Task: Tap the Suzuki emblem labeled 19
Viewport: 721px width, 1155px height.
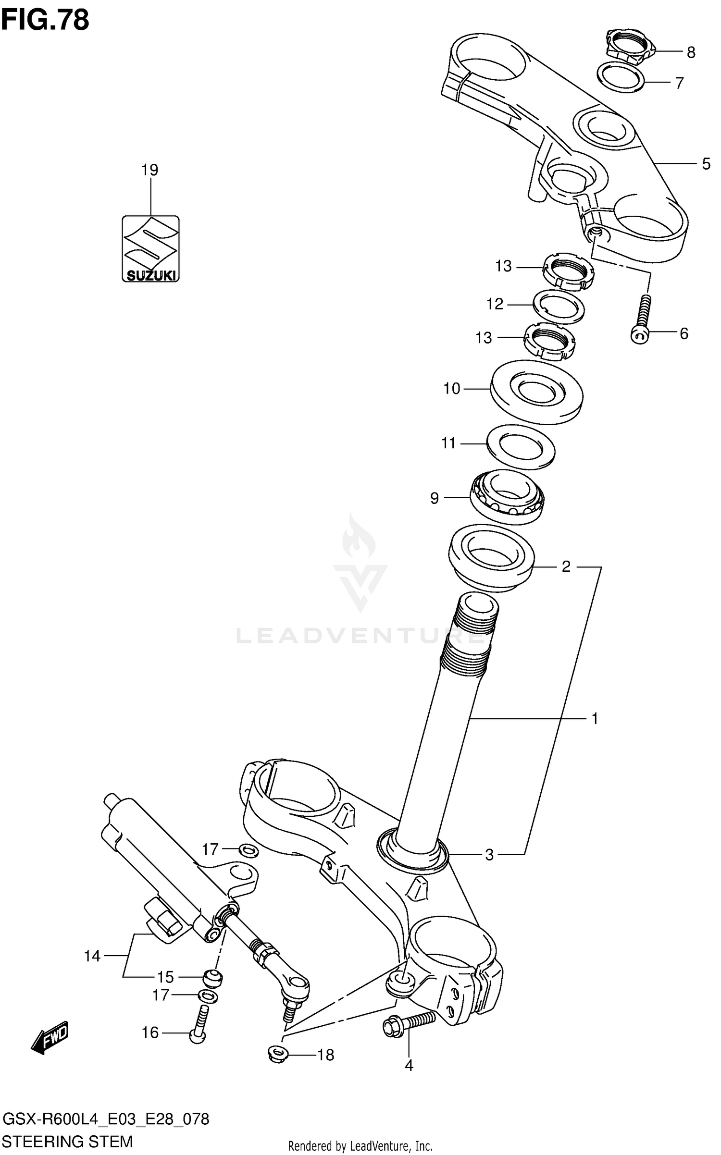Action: [x=150, y=248]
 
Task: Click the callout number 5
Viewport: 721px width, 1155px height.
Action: [x=706, y=164]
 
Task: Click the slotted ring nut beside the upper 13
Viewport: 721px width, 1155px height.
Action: [x=569, y=272]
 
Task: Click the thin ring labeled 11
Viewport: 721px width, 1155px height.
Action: [x=521, y=447]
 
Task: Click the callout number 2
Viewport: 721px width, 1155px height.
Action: [x=566, y=567]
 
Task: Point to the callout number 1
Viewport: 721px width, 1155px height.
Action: [x=595, y=719]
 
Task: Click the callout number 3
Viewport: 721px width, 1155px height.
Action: [x=489, y=855]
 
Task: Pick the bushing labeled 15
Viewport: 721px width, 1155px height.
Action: [x=211, y=976]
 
